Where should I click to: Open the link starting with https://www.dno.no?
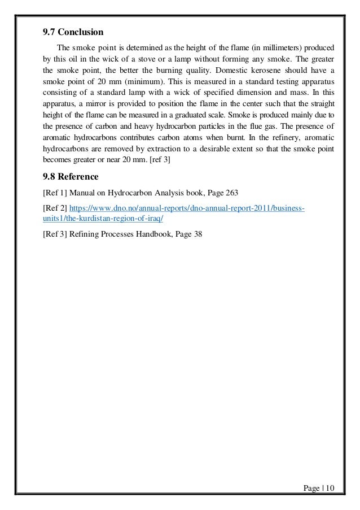(187, 208)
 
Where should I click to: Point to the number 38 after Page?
(197, 236)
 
